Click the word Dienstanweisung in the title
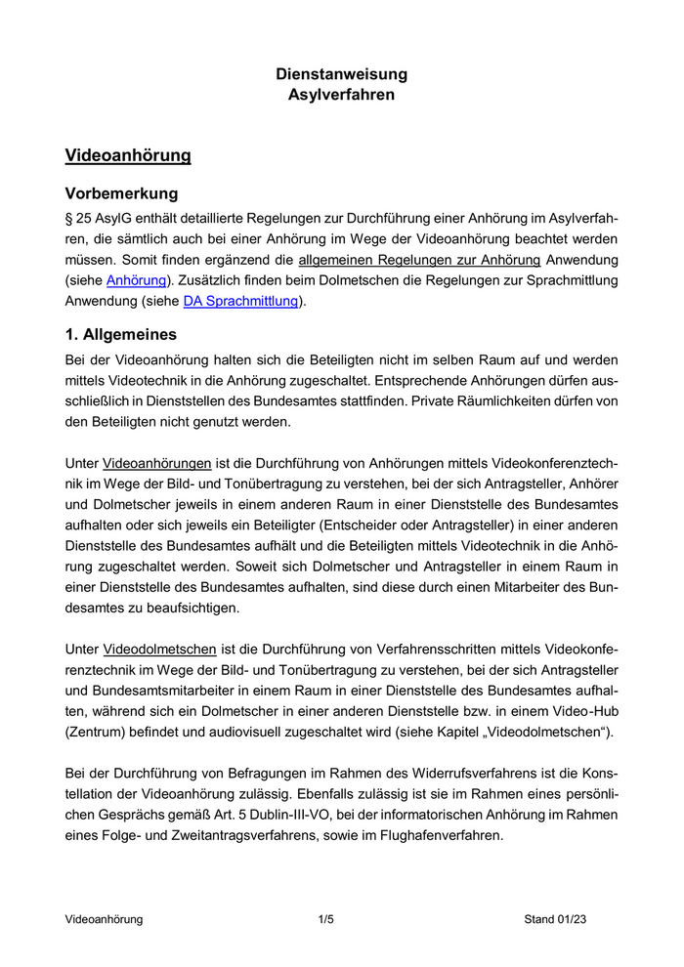[341, 74]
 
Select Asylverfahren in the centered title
[341, 95]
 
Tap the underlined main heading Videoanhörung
[127, 155]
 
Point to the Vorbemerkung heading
[121, 193]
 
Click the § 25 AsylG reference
[103, 218]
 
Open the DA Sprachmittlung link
[240, 301]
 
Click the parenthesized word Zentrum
[99, 733]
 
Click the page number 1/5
[326, 919]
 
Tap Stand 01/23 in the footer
[556, 919]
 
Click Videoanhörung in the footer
[104, 919]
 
